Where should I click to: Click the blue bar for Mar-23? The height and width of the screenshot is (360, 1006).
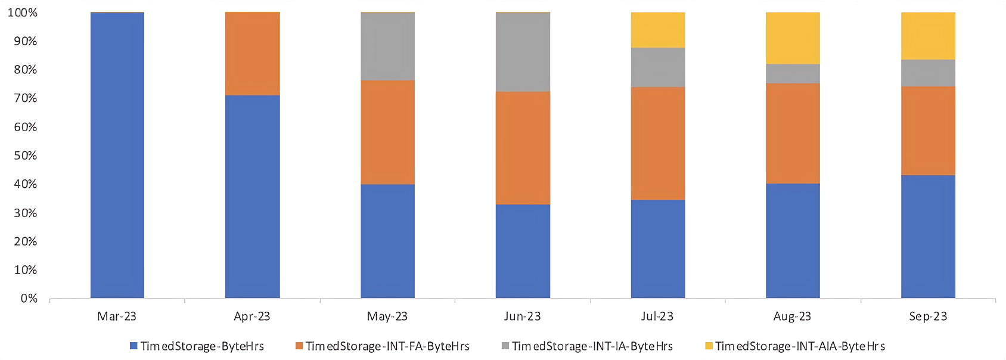point(117,155)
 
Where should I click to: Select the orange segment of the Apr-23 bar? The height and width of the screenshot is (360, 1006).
point(252,54)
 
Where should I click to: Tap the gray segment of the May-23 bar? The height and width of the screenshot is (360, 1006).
point(387,46)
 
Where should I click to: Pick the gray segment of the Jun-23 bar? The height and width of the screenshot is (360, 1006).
point(523,52)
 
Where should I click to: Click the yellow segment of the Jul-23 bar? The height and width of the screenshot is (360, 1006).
point(658,30)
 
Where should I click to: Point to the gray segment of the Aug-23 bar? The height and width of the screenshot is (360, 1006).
point(793,73)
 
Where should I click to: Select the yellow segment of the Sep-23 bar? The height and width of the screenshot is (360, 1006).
point(928,36)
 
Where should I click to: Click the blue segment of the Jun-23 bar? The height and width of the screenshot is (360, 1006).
point(523,251)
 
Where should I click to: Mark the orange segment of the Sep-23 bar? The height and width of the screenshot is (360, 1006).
point(928,131)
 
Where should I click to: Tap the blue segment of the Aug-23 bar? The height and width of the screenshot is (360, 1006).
point(793,240)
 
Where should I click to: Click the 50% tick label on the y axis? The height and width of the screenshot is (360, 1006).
point(25,156)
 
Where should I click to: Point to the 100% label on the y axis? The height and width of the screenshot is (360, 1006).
point(23,13)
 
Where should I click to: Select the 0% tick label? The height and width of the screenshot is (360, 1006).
point(29,298)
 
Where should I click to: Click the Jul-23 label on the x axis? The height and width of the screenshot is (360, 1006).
point(657,316)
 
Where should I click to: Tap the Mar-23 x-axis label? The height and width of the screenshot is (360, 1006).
point(117,316)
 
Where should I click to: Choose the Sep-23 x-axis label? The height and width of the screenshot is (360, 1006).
point(928,316)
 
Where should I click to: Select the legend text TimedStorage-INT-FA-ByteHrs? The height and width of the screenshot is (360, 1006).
point(387,346)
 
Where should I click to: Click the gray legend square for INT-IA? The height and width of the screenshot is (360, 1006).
point(505,346)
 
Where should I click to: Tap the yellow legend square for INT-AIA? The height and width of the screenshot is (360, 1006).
point(709,346)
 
